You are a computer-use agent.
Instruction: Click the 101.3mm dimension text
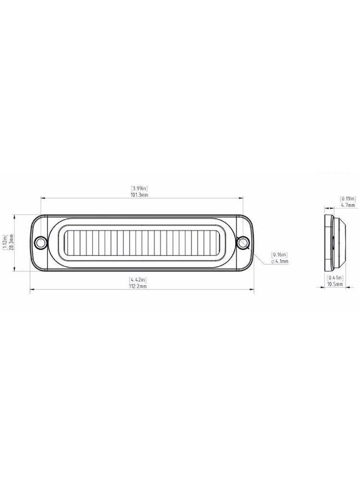[x=139, y=195]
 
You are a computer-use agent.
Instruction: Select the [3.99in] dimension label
[x=139, y=189]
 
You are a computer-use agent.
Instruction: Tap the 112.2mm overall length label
[x=137, y=286]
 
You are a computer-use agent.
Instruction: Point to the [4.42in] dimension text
[x=137, y=279]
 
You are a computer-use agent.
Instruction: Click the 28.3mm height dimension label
[x=11, y=243]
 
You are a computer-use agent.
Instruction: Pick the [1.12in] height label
[x=4, y=243]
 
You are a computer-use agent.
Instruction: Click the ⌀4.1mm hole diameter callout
[x=279, y=261]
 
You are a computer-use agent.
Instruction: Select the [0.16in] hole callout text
[x=279, y=254]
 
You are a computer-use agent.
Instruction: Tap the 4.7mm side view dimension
[x=348, y=205]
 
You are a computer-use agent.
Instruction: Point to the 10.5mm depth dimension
[x=335, y=285]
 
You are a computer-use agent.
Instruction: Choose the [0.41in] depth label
[x=335, y=278]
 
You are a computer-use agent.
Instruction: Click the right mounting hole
[x=243, y=243]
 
